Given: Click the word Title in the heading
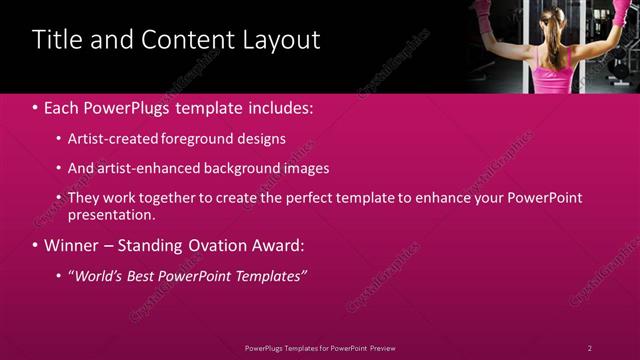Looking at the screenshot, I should click(x=56, y=40).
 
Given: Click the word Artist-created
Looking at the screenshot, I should click(x=114, y=139).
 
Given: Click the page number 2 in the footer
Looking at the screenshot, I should click(x=590, y=348).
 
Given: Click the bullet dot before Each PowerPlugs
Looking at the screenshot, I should click(x=36, y=107).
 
